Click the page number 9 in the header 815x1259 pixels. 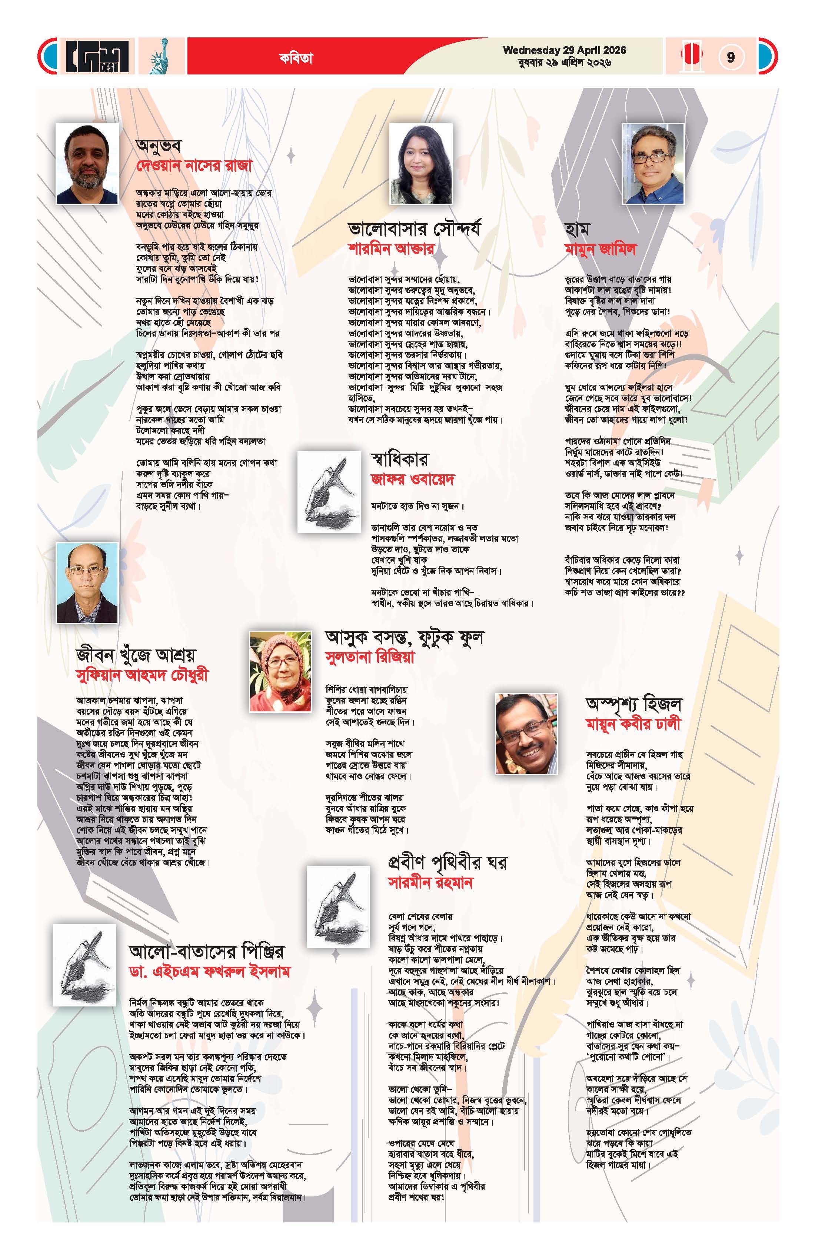pyautogui.click(x=730, y=57)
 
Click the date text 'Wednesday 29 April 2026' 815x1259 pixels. pyautogui.click(x=564, y=50)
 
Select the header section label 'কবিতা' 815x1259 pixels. pyautogui.click(x=296, y=58)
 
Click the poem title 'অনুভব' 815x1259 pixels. pyautogui.click(x=159, y=145)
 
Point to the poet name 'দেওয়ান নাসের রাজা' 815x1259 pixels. pyautogui.click(x=194, y=166)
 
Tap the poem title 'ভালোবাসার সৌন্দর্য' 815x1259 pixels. pyautogui.click(x=415, y=229)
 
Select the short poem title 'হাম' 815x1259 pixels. pyautogui.click(x=577, y=229)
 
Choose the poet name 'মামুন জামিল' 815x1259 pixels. pyautogui.click(x=600, y=249)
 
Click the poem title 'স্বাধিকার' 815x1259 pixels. pyautogui.click(x=400, y=459)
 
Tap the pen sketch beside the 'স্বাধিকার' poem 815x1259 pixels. pyautogui.click(x=329, y=491)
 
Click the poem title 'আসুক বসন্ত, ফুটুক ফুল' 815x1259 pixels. pyautogui.click(x=404, y=637)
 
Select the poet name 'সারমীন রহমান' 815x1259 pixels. pyautogui.click(x=430, y=882)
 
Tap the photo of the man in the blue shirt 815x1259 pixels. pyautogui.click(x=652, y=163)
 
